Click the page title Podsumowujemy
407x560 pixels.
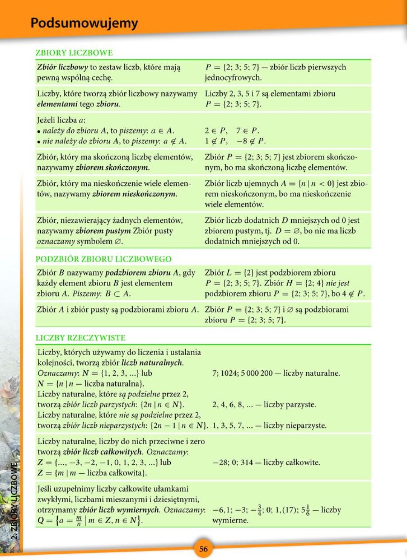point(84,23)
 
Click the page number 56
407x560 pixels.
point(203,549)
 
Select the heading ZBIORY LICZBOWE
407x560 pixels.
point(74,53)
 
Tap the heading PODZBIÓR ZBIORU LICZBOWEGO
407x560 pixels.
point(103,259)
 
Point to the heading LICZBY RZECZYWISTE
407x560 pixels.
point(80,338)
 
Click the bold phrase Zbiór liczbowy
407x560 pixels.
point(62,67)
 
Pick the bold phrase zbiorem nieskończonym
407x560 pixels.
point(134,194)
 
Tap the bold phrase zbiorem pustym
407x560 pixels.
point(103,231)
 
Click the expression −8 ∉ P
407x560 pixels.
point(251,141)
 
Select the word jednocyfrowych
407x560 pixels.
point(233,78)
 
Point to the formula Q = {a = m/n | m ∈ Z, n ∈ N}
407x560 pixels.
point(90,520)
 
